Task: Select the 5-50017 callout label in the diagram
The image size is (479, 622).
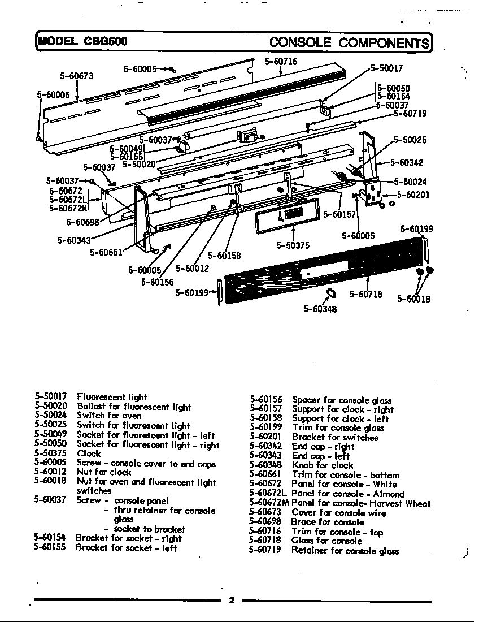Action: (x=386, y=68)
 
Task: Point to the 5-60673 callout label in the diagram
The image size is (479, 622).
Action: (x=76, y=76)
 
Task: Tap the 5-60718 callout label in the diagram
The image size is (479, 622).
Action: (x=365, y=294)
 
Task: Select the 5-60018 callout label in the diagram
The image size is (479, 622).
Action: (x=413, y=299)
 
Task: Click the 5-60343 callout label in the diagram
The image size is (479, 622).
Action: (x=75, y=240)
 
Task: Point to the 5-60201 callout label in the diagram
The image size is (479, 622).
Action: (x=413, y=195)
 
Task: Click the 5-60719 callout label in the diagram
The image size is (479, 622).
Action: (x=410, y=114)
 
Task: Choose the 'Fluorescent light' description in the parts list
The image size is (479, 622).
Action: (x=112, y=397)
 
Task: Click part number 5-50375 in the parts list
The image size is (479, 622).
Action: (x=50, y=453)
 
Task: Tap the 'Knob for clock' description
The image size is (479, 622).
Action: (x=323, y=465)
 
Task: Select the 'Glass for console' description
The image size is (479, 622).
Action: (x=327, y=541)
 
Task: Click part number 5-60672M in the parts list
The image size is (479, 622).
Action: (x=269, y=503)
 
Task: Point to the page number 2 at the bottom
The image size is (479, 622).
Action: (x=232, y=601)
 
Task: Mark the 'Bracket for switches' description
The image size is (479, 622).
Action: (x=335, y=437)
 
